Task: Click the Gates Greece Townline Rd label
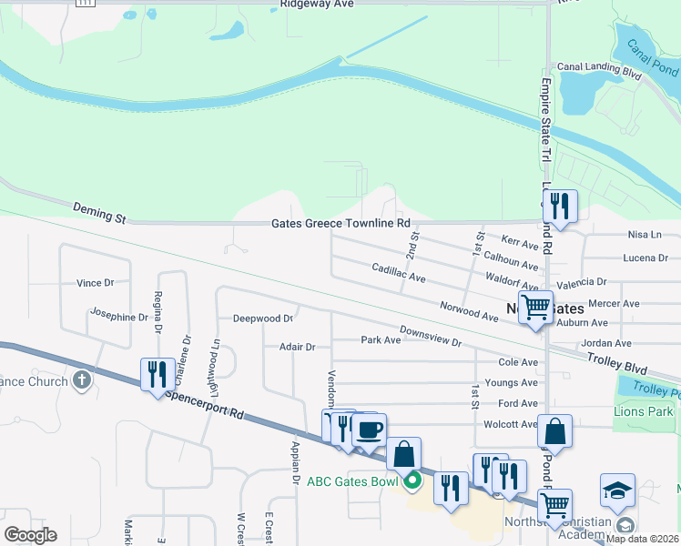click(x=341, y=223)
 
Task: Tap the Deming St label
click(x=97, y=217)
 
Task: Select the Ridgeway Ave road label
click(x=303, y=5)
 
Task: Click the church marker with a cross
click(x=82, y=379)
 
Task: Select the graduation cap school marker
click(x=617, y=490)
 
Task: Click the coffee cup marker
click(x=369, y=430)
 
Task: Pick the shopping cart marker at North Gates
click(x=535, y=307)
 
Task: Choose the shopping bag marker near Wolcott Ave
click(x=554, y=431)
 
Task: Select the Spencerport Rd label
click(x=204, y=406)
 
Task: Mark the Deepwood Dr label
click(x=262, y=318)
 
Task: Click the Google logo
click(x=30, y=535)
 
